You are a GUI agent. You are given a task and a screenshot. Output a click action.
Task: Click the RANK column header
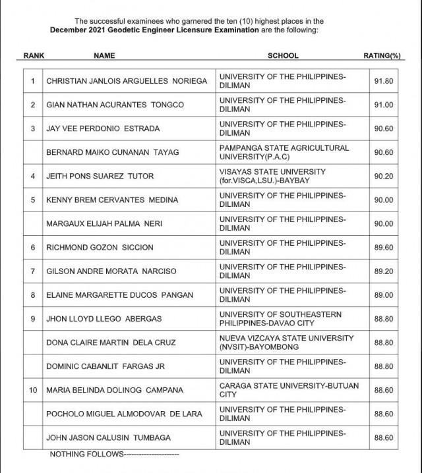(34, 56)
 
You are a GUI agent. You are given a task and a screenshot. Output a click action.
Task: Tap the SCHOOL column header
(283, 56)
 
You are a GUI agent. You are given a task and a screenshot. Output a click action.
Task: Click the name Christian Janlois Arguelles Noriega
(126, 81)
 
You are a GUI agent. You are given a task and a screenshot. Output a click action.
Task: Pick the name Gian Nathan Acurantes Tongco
(115, 105)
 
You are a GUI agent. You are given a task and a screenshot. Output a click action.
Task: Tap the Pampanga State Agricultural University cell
(284, 152)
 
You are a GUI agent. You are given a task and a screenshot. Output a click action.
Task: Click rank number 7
(33, 271)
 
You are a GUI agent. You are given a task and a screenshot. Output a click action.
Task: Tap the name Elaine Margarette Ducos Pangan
(119, 295)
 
